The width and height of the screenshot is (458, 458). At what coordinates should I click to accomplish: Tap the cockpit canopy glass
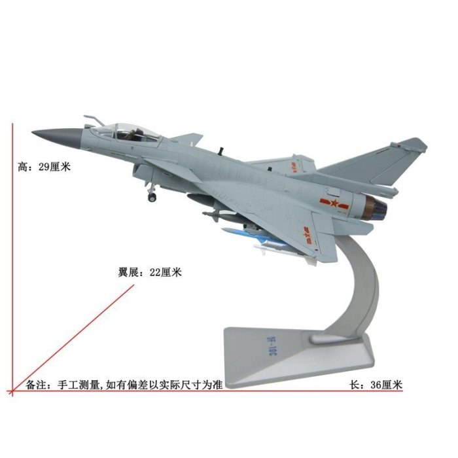[x=134, y=130]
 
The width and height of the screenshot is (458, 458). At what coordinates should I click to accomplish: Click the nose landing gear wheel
[x=152, y=196]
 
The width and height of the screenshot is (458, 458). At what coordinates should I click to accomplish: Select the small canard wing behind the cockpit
[x=186, y=138]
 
